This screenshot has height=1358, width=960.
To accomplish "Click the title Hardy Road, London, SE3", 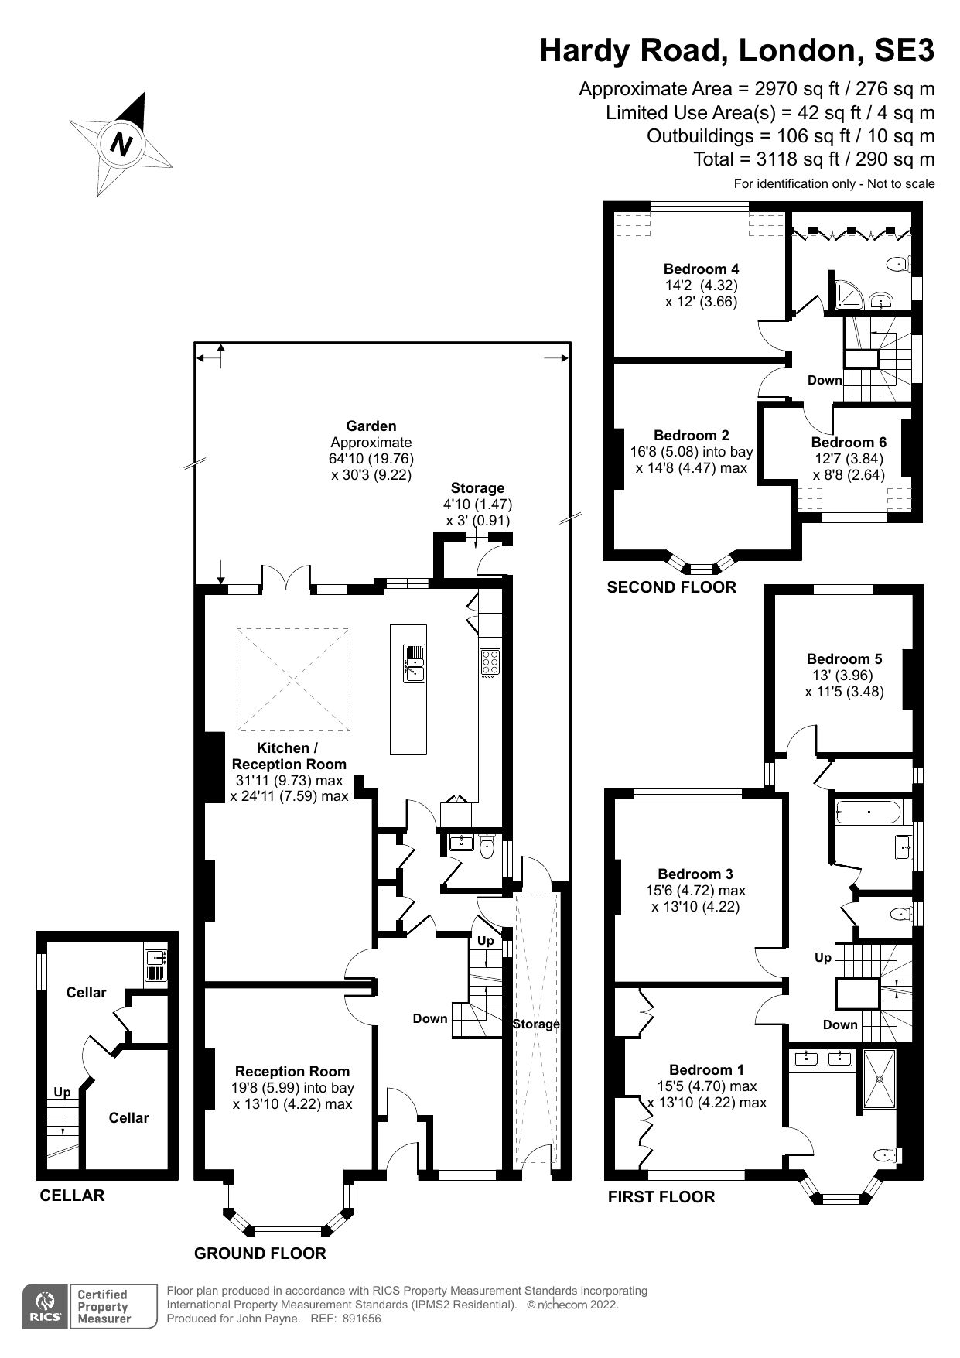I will click(x=736, y=50).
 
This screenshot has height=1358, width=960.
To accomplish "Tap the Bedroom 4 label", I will click(x=701, y=269).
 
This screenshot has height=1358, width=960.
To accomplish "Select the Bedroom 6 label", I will click(x=849, y=443).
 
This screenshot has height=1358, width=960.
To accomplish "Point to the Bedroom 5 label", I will click(x=844, y=659).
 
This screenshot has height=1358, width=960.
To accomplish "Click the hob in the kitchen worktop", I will click(x=490, y=664).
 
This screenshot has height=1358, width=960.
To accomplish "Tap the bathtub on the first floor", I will click(x=869, y=812).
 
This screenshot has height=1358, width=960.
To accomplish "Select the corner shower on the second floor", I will click(x=843, y=292).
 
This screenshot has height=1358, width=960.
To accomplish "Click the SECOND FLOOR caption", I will click(x=671, y=587).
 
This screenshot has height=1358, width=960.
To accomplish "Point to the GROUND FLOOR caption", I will click(x=260, y=1253).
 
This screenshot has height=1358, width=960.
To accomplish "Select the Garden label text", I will click(x=371, y=426).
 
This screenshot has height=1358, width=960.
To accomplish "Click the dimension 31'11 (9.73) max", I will click(x=288, y=781).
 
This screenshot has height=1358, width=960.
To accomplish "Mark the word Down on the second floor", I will click(x=824, y=380).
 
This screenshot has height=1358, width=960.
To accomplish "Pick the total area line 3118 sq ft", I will click(x=814, y=159).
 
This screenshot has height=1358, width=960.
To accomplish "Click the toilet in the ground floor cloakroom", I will click(x=487, y=847).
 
